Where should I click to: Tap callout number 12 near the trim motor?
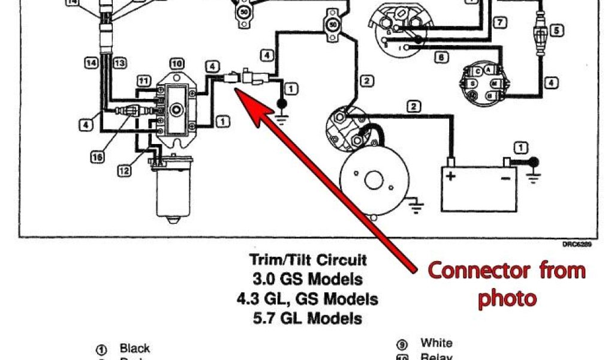(124, 170)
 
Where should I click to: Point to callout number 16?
(97, 157)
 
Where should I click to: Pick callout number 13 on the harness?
(119, 62)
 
